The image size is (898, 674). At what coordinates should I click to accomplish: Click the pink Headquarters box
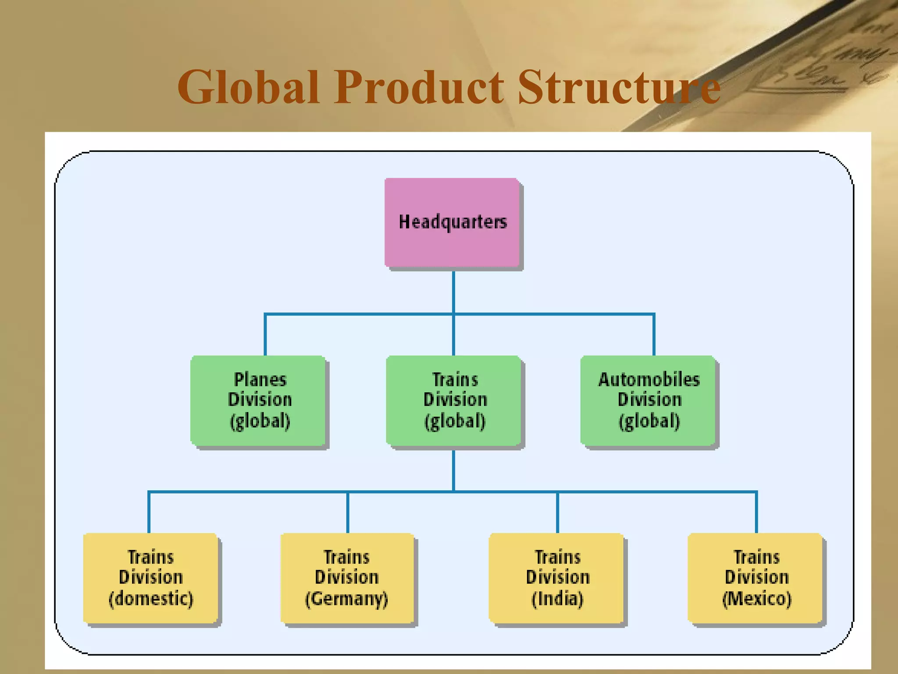[452, 222]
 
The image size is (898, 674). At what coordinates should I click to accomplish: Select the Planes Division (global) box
[259, 401]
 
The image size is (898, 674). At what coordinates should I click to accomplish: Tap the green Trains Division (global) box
[454, 401]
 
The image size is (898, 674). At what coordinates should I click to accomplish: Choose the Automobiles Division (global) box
[648, 401]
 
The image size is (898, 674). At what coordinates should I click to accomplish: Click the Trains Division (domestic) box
[150, 578]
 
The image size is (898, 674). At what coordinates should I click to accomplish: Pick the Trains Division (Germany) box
[347, 578]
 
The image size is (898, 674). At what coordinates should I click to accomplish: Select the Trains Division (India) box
[556, 578]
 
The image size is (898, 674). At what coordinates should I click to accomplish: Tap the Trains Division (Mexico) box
[755, 578]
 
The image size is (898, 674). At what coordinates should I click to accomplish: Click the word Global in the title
[248, 88]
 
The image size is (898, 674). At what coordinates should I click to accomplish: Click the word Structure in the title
[619, 88]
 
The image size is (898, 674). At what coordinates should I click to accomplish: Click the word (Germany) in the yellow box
[347, 599]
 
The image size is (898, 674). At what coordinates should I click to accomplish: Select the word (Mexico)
[757, 599]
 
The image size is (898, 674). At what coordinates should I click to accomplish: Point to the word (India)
[557, 599]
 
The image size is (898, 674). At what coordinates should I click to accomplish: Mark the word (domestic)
[151, 599]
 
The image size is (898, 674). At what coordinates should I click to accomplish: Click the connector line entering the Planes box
[265, 336]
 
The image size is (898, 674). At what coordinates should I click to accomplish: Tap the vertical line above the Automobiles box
[654, 336]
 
